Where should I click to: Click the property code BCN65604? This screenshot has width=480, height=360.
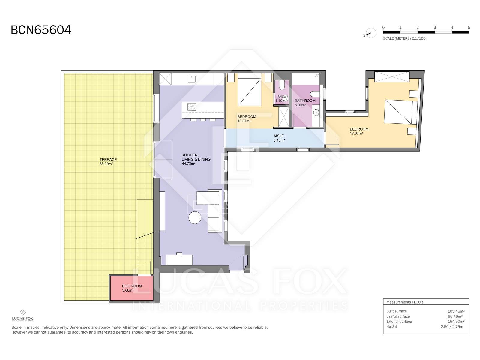(41, 30)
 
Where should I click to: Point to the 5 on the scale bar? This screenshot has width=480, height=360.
(469, 27)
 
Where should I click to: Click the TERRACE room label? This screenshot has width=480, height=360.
(108, 160)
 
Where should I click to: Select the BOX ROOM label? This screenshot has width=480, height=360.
(132, 286)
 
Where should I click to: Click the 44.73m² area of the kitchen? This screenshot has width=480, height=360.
(188, 163)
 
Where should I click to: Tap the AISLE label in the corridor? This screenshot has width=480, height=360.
(279, 136)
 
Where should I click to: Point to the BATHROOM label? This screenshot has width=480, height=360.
(305, 100)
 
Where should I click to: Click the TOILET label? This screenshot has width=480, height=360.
(282, 96)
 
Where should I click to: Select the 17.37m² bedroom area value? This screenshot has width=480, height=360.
(356, 133)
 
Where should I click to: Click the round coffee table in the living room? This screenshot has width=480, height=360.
(195, 218)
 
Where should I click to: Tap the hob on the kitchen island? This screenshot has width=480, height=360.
(192, 107)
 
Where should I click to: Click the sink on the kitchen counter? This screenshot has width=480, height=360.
(192, 79)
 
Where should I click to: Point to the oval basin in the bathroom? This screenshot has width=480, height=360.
(316, 112)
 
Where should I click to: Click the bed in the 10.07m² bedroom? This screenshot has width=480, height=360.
(250, 90)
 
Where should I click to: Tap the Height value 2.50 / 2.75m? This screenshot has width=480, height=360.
(452, 327)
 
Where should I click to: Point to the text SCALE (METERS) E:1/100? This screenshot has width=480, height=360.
(404, 38)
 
